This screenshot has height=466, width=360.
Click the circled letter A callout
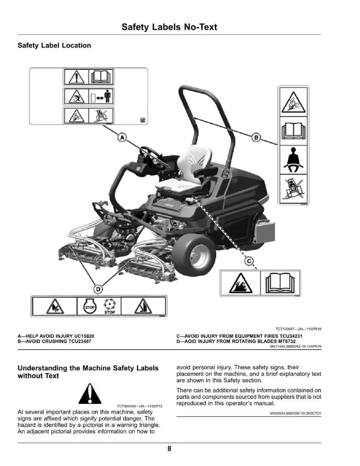[x=122, y=137]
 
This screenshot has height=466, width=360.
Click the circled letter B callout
[x=256, y=137]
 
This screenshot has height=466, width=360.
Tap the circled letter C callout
[x=249, y=261]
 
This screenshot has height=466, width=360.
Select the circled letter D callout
[x=98, y=289]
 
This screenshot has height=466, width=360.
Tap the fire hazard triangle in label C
[x=241, y=283]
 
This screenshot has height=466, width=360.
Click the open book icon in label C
[x=280, y=283]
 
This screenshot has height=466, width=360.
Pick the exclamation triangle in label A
[x=76, y=77]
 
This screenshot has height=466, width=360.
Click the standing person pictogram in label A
[x=108, y=96]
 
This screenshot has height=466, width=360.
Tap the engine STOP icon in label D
[x=90, y=307]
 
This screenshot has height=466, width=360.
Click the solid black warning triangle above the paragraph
[x=90, y=393]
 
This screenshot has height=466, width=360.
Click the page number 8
[x=170, y=448]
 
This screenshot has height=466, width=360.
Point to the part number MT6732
[x=287, y=342]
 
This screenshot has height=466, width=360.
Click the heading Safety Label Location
[x=54, y=46]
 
